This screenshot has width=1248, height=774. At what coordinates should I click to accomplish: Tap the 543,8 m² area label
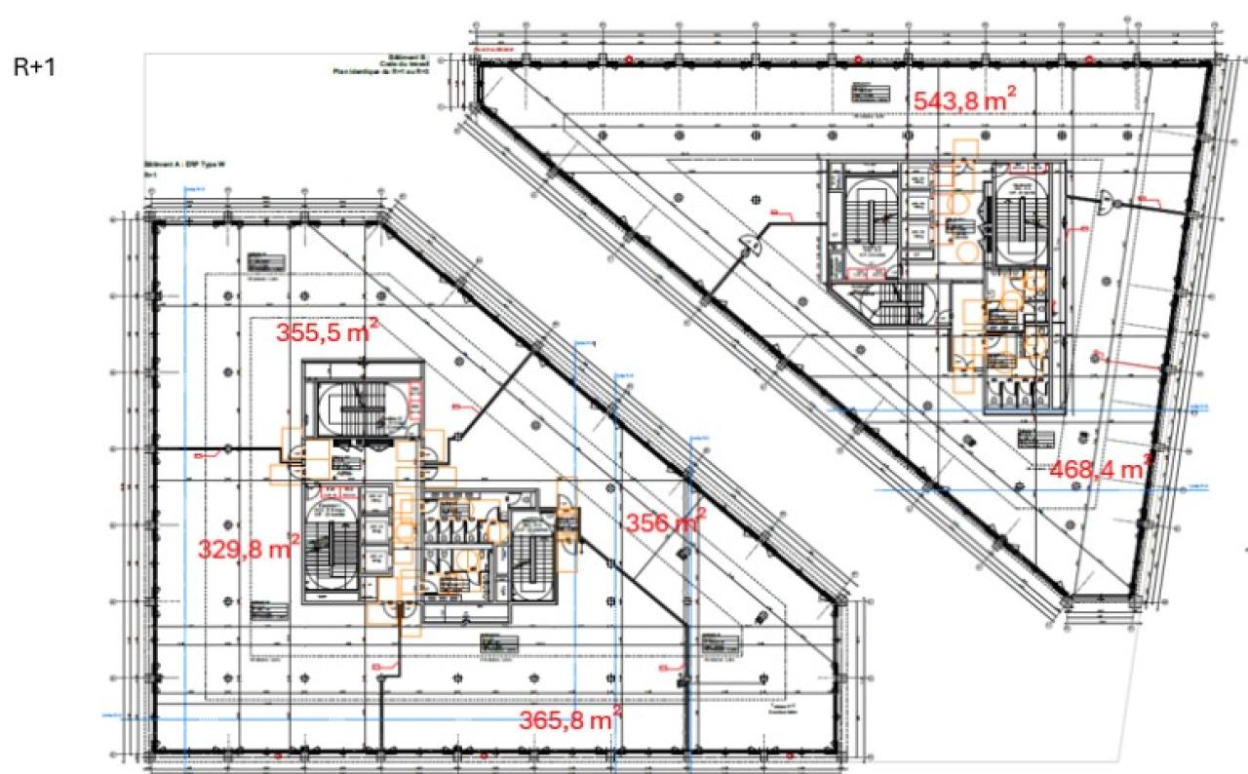click(965, 99)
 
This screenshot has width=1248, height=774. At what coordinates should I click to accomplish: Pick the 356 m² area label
click(665, 522)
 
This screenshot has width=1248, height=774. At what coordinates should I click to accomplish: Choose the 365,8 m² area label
click(571, 722)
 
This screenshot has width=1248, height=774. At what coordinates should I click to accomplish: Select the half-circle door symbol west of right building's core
click(752, 244)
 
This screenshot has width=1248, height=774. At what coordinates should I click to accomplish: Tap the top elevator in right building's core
click(916, 178)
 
